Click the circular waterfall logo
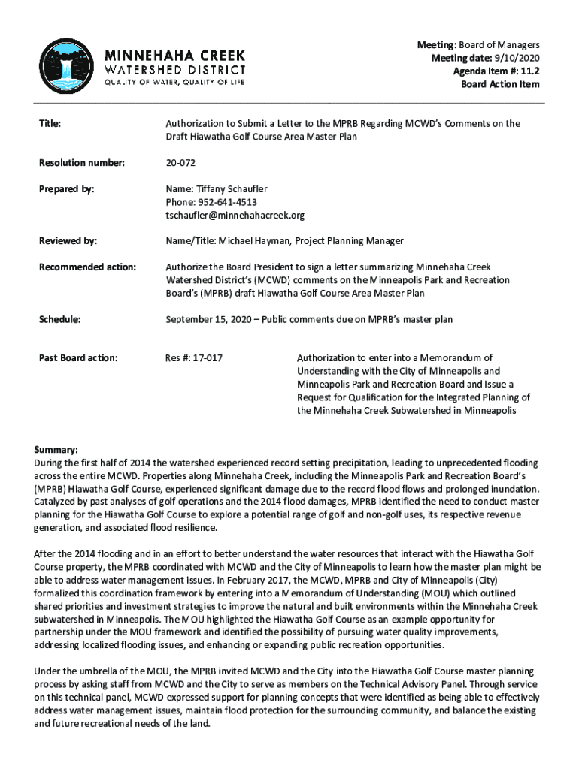pos(66,66)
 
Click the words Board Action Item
pos(500,84)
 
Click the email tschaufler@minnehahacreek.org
pos(235,216)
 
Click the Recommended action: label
pos(87,267)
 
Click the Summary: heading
pos(56,449)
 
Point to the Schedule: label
pos(59,319)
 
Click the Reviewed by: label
pos(68,241)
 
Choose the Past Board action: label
pos(77,358)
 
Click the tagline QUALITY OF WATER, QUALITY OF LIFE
pos(174,82)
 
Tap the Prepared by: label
pos(66,190)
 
